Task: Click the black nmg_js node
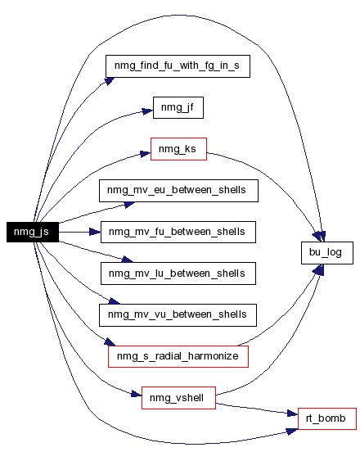(x=33, y=232)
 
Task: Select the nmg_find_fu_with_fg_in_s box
(x=178, y=66)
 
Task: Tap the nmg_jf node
(x=178, y=107)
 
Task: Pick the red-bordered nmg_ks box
(x=178, y=149)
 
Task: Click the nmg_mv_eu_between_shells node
(x=178, y=191)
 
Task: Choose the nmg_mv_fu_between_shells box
(x=178, y=232)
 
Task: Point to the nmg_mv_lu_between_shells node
(x=178, y=273)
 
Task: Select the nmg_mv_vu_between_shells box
(x=178, y=315)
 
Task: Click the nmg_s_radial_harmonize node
(x=178, y=357)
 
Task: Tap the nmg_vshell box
(x=178, y=398)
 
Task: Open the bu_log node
(x=327, y=253)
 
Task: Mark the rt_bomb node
(x=327, y=418)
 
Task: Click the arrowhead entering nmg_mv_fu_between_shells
(x=95, y=232)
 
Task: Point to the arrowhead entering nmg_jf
(x=147, y=111)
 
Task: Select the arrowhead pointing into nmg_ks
(x=145, y=154)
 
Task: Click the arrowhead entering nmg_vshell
(x=137, y=394)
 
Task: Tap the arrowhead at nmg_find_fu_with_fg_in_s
(x=110, y=81)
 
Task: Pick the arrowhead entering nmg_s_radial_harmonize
(x=110, y=341)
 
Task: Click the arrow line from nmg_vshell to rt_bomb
(x=257, y=409)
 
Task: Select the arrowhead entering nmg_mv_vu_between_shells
(x=115, y=301)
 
